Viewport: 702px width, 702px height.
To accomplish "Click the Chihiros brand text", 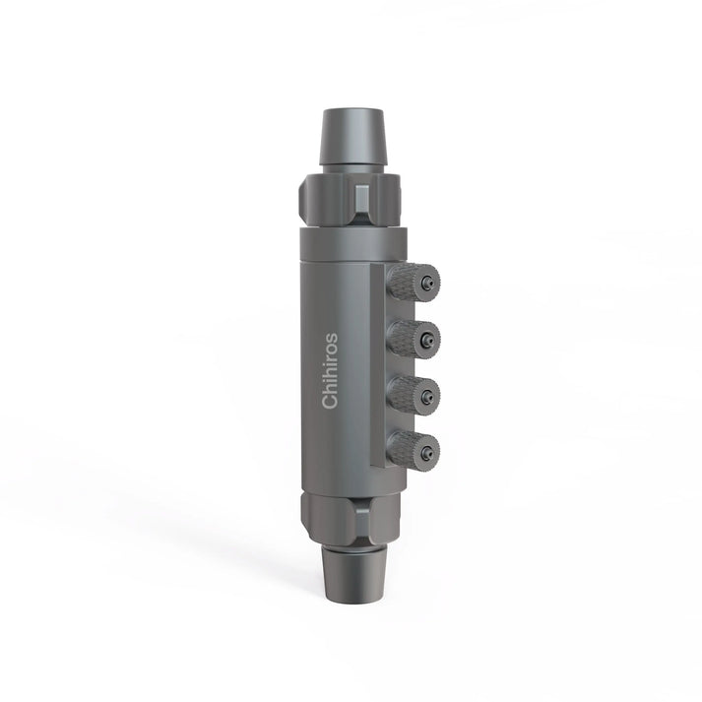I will point(330,370).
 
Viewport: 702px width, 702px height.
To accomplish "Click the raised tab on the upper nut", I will point(362,199).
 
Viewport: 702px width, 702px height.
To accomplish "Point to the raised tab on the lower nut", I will point(362,516).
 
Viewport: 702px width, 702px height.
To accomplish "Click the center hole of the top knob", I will point(426,284).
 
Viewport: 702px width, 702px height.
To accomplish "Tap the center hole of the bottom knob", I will point(427,452).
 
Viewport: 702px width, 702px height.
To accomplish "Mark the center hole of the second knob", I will point(426,340).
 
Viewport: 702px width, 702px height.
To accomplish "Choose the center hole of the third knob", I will point(426,396).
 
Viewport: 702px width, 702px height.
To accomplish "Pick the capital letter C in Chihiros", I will point(330,401).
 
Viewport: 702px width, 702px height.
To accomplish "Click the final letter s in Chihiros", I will point(331,337).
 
